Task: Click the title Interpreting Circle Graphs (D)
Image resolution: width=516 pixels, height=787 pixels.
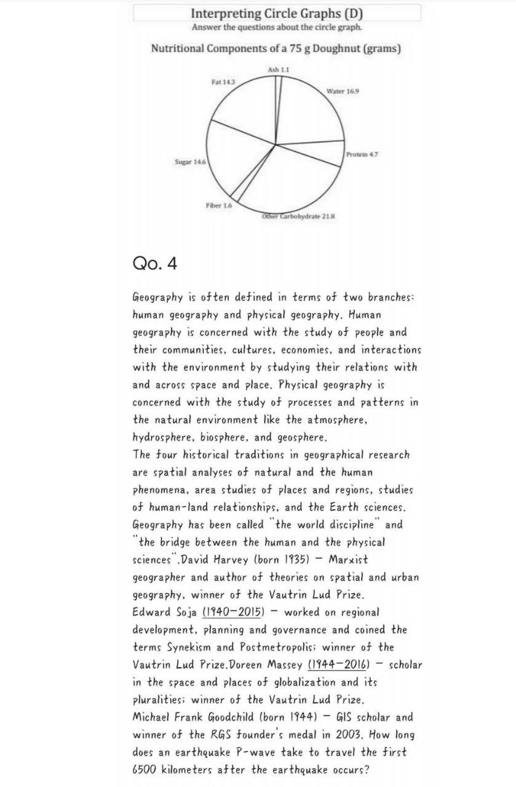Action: [276, 13]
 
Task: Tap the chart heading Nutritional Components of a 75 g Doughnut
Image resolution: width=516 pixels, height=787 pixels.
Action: [276, 49]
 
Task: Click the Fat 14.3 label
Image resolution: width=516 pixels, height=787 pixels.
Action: [222, 81]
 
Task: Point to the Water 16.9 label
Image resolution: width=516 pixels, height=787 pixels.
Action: [343, 91]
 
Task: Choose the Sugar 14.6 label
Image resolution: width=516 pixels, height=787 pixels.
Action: [190, 161]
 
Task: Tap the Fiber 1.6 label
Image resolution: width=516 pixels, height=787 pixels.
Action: [219, 205]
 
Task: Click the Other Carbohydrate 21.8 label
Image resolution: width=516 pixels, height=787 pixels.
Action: [298, 216]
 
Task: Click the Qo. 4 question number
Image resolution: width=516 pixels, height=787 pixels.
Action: [154, 264]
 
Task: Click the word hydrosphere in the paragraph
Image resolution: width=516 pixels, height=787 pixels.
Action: [162, 438]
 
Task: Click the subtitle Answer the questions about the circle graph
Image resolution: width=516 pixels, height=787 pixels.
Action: [276, 28]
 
